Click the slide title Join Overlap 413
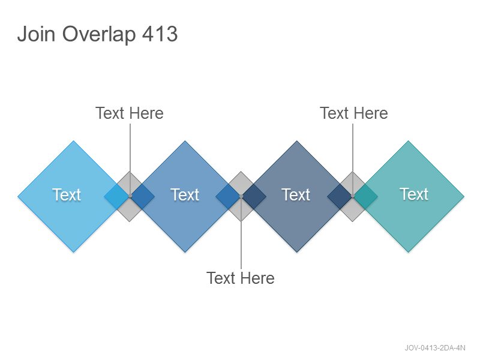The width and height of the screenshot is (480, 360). pos(97,34)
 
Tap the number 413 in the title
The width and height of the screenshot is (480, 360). pos(160,34)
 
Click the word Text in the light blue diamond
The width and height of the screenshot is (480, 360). pos(67,194)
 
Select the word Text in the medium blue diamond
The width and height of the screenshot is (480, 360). pos(185,194)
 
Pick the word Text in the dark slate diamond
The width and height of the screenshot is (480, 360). pos(296,194)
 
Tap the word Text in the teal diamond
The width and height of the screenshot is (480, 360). pos(414,194)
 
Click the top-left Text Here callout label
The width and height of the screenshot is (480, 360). pos(130,113)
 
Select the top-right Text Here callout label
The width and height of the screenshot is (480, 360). pos(354,113)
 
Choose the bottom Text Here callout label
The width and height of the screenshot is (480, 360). pos(241,278)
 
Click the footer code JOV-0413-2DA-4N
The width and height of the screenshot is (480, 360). pos(435,348)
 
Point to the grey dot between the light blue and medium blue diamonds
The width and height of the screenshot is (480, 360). pos(130,196)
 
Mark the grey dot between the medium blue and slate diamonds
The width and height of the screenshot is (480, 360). pos(241,196)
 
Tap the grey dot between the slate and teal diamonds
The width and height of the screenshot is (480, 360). pos(353,196)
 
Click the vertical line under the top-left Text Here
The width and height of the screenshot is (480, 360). pos(130,160)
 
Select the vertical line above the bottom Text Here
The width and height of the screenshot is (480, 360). pos(241,233)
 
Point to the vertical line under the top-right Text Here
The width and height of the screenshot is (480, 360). pos(353,160)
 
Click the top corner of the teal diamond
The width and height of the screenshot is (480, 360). pos(408,141)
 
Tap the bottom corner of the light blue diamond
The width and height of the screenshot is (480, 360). pos(73,253)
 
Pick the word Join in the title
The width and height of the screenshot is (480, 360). pos(36,34)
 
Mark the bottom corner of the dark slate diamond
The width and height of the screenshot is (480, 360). pos(296,253)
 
